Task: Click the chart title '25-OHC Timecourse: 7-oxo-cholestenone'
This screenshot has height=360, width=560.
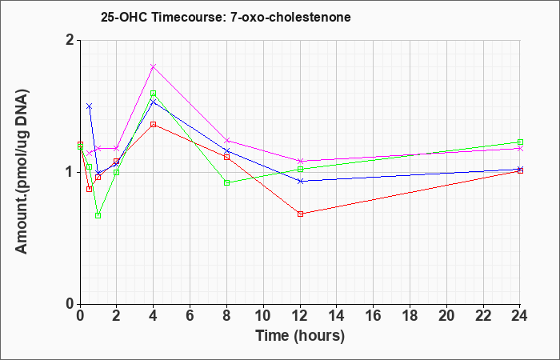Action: pos(226,17)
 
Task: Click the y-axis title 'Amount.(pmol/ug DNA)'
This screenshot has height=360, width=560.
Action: pos(22,172)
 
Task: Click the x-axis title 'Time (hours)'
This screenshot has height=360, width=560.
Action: pos(300,336)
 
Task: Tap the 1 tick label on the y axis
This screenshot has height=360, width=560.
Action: pos(71,173)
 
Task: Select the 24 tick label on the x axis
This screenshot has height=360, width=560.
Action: pos(519,316)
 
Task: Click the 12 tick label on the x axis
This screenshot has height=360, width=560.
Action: pos(300,316)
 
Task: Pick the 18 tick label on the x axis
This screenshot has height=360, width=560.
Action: pos(410,316)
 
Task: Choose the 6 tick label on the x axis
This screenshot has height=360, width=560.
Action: pos(190,316)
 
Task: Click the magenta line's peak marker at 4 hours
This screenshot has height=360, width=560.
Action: pos(154,66)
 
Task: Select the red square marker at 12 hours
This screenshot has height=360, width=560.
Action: pos(300,214)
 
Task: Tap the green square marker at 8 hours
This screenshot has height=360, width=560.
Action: pos(226,183)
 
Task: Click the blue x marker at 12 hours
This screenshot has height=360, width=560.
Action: pos(300,181)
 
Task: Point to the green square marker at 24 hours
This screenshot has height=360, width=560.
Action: pos(520,142)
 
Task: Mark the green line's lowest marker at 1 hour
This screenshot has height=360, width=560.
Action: pos(98,216)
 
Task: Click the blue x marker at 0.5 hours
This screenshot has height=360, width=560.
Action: pos(90,106)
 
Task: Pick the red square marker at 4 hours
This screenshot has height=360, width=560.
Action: pos(154,124)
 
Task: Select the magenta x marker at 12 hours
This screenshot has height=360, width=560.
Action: pos(300,161)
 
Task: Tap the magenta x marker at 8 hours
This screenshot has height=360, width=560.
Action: pos(226,140)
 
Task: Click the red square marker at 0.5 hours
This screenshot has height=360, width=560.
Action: pos(90,189)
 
